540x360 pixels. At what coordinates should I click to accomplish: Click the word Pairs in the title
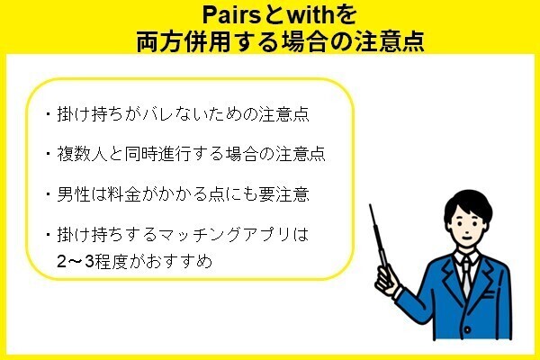[232, 14]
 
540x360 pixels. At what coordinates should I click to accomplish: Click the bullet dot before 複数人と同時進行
[48, 153]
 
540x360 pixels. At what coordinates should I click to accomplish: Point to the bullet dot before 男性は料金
[48, 193]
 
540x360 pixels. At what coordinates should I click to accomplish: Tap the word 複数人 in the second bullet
[82, 154]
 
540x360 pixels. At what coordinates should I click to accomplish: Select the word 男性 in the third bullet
[74, 194]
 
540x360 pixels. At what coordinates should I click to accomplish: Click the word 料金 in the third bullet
[124, 194]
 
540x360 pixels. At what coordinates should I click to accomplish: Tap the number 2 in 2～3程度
[61, 262]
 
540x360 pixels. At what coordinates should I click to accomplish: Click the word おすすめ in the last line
[179, 262]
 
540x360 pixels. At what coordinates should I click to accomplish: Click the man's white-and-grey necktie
[465, 276]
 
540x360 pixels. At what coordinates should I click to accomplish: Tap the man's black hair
[468, 203]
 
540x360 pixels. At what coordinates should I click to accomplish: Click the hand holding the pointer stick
[387, 280]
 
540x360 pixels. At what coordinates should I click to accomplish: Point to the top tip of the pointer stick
[371, 205]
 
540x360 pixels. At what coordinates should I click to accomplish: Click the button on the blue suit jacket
[467, 329]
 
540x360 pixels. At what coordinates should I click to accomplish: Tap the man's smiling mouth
[466, 238]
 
